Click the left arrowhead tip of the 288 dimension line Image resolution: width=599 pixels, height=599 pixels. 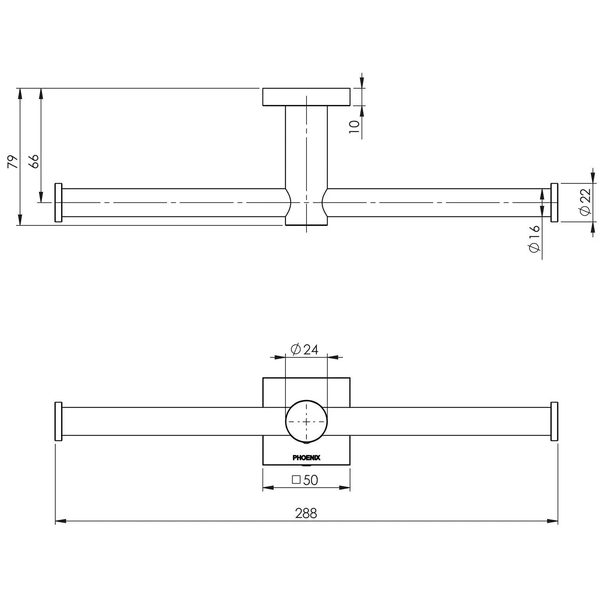[55, 521]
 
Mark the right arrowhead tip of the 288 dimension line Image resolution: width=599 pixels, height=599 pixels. [558, 521]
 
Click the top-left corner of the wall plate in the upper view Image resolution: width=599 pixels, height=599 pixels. [263, 89]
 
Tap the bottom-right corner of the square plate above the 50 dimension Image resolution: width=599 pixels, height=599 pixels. [350, 465]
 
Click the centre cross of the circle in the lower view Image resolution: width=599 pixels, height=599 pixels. [307, 422]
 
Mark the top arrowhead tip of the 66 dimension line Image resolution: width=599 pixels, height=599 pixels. [41, 89]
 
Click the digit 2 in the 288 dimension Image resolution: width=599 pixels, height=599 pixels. [298, 513]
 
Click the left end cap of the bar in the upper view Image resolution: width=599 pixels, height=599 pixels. [58, 202]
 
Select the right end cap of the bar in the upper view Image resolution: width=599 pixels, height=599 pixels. [554, 202]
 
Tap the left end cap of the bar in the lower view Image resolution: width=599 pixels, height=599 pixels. [58, 422]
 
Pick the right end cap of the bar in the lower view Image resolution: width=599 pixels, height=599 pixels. [554, 422]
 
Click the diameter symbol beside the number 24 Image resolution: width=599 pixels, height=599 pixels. [296, 349]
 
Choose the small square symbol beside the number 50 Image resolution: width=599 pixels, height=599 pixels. [296, 480]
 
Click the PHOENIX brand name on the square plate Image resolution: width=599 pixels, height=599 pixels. [307, 458]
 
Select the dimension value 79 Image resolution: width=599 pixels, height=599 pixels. [13, 161]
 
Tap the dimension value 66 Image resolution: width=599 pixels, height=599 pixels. [34, 161]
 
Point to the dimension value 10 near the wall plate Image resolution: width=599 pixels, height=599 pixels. [354, 127]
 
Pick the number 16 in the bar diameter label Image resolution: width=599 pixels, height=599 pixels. [534, 232]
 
